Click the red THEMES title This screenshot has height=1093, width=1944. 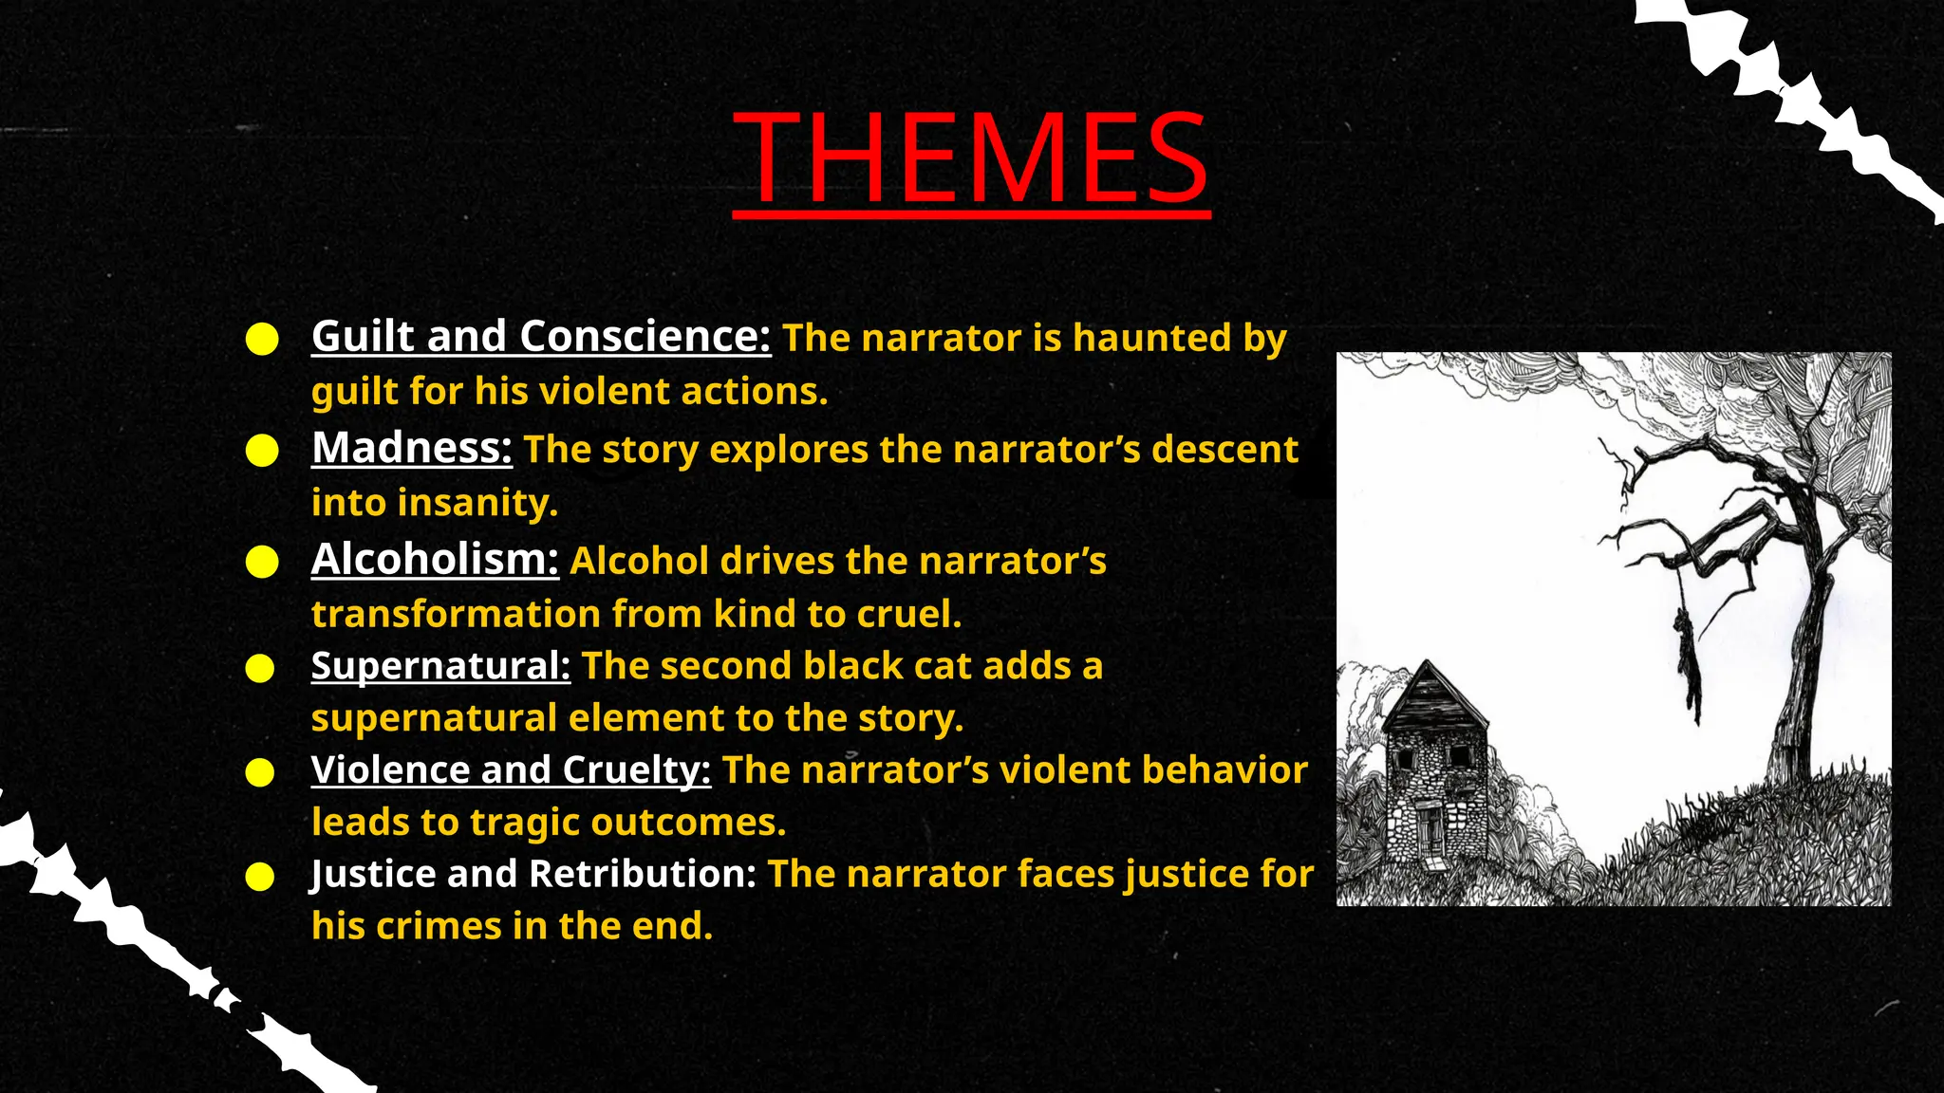pyautogui.click(x=971, y=158)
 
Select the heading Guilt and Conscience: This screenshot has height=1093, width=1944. pyautogui.click(x=541, y=336)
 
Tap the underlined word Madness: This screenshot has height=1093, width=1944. pyautogui.click(x=411, y=448)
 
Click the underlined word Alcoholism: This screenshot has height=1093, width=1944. pyautogui.click(x=435, y=559)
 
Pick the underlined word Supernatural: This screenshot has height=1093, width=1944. pyautogui.click(x=440, y=666)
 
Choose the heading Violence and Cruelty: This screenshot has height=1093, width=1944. pyautogui.click(x=511, y=769)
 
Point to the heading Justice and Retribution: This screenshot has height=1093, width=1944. pyautogui.click(x=533, y=874)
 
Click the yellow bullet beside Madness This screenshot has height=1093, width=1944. pyautogui.click(x=262, y=451)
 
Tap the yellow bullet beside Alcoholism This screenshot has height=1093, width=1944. pyautogui.click(x=262, y=562)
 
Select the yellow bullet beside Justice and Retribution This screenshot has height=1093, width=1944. pyautogui.click(x=260, y=877)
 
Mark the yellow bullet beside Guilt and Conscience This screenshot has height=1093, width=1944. pyautogui.click(x=262, y=339)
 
